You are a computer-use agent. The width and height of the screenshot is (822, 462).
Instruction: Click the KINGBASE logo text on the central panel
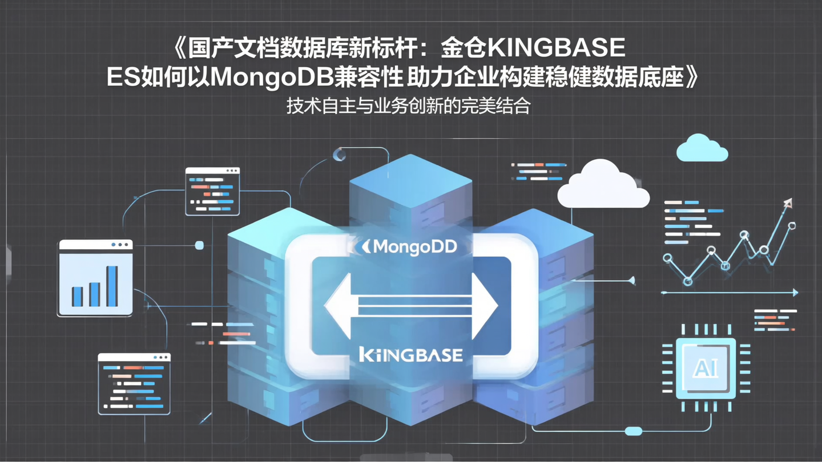(410, 355)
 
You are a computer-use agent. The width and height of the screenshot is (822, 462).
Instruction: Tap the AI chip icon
(706, 368)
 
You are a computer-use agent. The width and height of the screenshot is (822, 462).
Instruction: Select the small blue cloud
(702, 149)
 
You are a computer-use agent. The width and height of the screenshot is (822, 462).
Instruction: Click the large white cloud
(603, 185)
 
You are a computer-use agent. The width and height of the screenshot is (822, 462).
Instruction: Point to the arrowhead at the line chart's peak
(788, 202)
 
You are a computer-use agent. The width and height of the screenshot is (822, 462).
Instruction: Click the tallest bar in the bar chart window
(112, 286)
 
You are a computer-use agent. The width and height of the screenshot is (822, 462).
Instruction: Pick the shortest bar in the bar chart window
(77, 297)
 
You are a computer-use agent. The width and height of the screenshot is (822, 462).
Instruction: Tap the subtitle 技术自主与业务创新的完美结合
(408, 107)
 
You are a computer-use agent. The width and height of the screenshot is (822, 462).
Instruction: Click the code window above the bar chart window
(212, 191)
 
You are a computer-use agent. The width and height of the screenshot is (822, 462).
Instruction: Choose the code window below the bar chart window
(134, 383)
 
